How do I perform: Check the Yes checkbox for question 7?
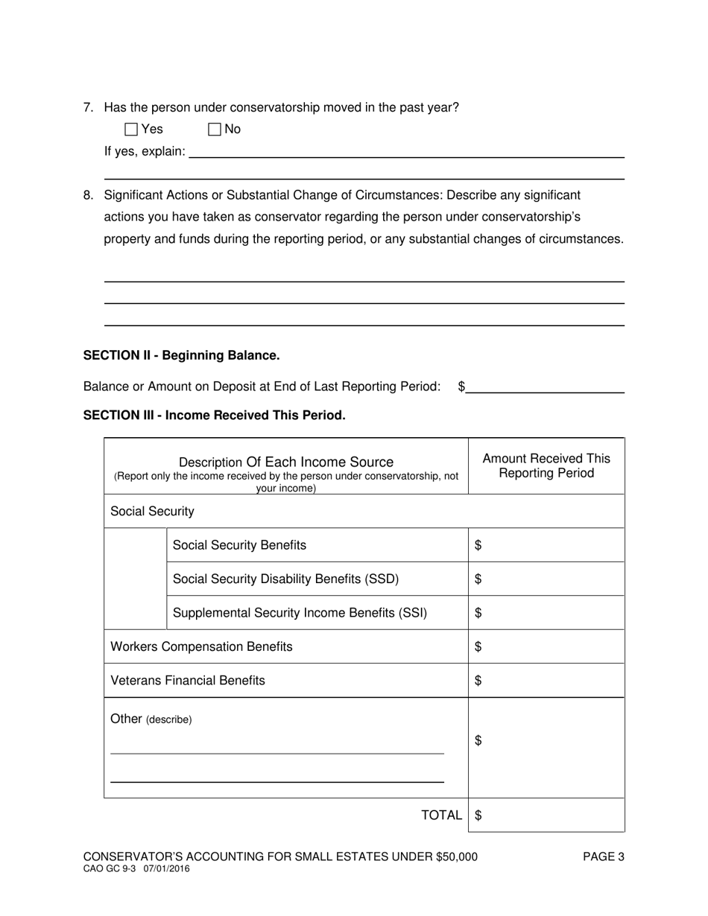(x=131, y=130)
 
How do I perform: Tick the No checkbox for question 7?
(x=215, y=130)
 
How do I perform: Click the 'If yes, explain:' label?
(x=145, y=152)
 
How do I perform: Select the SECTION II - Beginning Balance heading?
(x=181, y=356)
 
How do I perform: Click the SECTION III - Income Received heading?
(x=214, y=416)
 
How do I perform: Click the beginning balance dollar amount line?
(x=545, y=387)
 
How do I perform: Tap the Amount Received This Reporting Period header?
(x=546, y=466)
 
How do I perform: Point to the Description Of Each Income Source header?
(x=286, y=462)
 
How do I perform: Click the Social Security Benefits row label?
(x=239, y=546)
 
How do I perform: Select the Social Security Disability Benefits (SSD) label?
(x=285, y=579)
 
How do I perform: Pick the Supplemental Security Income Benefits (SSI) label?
(x=300, y=614)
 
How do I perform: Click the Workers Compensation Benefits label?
(x=201, y=647)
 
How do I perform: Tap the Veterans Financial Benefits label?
(x=188, y=681)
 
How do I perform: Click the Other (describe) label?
(x=151, y=719)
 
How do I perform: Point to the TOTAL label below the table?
(x=441, y=815)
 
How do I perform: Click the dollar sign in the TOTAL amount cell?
(x=478, y=815)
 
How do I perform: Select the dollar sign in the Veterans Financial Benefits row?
(x=478, y=681)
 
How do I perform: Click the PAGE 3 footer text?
(x=603, y=857)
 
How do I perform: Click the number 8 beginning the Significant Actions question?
(x=88, y=196)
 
